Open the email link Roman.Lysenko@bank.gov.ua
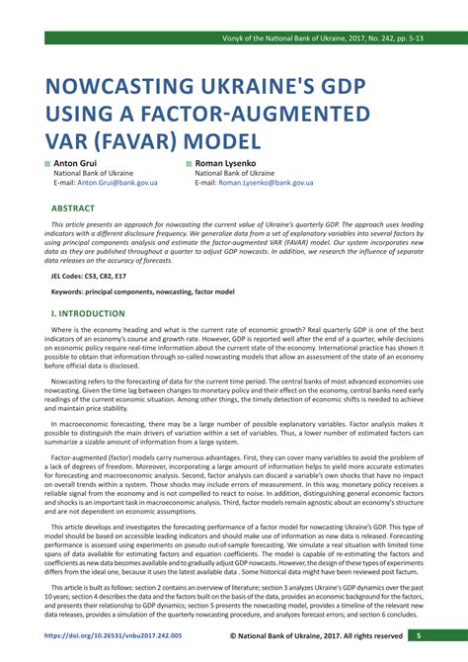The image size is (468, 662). coord(266,183)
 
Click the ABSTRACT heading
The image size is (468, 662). coord(74,209)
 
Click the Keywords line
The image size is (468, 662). coord(142,292)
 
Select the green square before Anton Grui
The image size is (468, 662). coord(45,162)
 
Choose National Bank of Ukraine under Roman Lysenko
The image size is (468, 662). coord(235,173)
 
